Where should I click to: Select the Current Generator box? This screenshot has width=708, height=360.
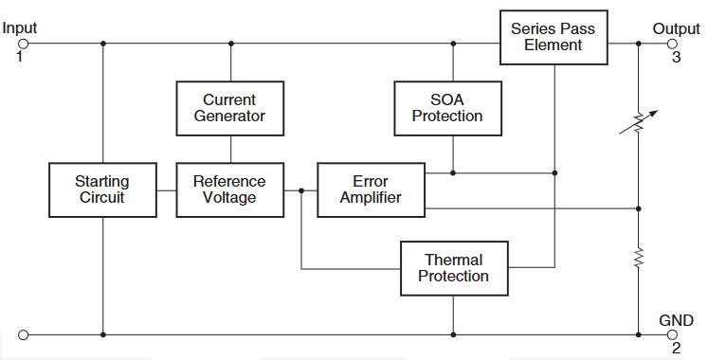tap(229, 107)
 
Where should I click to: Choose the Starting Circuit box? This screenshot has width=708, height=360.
tap(101, 189)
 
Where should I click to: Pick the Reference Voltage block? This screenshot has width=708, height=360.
tap(229, 189)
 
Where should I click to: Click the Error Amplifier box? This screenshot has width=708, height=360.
tap(371, 189)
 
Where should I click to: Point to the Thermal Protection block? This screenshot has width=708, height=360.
tap(453, 267)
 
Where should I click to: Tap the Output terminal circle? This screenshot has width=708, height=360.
tap(674, 44)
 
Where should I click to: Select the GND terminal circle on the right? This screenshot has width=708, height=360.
tap(674, 334)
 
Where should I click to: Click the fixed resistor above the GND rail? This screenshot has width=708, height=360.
tap(639, 257)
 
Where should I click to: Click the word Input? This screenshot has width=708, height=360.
tap(20, 28)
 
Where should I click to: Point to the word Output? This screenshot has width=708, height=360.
tap(676, 28)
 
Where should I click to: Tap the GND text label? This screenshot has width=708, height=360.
tap(676, 319)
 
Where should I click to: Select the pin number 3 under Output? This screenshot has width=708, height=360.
tap(676, 58)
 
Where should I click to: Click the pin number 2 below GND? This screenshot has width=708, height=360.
tap(676, 349)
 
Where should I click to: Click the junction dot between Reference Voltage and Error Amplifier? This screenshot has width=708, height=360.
tap(301, 190)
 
